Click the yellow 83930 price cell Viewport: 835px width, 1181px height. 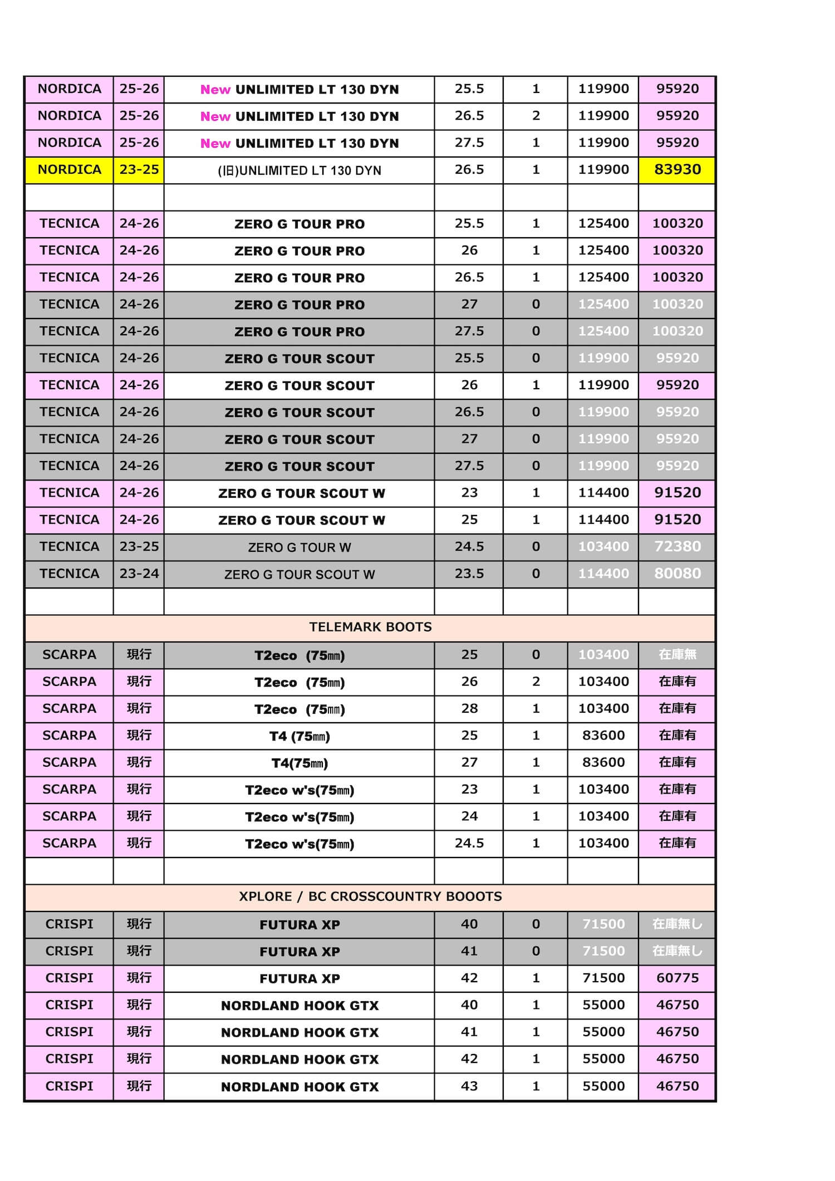pos(677,170)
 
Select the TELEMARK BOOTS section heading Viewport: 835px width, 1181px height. pos(370,628)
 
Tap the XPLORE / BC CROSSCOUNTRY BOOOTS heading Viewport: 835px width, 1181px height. pos(370,896)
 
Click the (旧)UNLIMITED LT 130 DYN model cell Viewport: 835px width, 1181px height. pos(299,170)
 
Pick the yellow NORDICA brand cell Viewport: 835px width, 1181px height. pos(69,170)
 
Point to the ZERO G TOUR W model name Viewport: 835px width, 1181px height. pos(299,547)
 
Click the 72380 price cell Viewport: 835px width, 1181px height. pos(677,547)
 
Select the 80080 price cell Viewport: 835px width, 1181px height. pos(677,574)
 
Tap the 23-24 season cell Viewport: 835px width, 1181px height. pos(139,574)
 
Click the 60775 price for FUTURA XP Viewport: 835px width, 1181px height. pos(677,978)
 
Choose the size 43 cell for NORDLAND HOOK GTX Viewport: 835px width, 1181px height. pos(469,1086)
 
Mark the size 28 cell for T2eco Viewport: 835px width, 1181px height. pos(469,708)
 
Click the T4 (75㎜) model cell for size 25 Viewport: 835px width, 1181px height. pos(299,736)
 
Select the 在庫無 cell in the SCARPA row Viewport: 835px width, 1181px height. pos(677,655)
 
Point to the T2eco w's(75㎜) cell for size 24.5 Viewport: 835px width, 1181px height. pos(299,844)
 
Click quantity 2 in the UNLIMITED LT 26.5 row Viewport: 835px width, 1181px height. pos(536,116)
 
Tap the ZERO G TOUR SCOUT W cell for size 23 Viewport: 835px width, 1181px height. pos(301,493)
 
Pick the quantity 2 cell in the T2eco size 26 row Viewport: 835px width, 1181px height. pos(536,682)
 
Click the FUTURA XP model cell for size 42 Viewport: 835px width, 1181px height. pos(299,978)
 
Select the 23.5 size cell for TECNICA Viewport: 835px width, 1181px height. pos(469,574)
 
